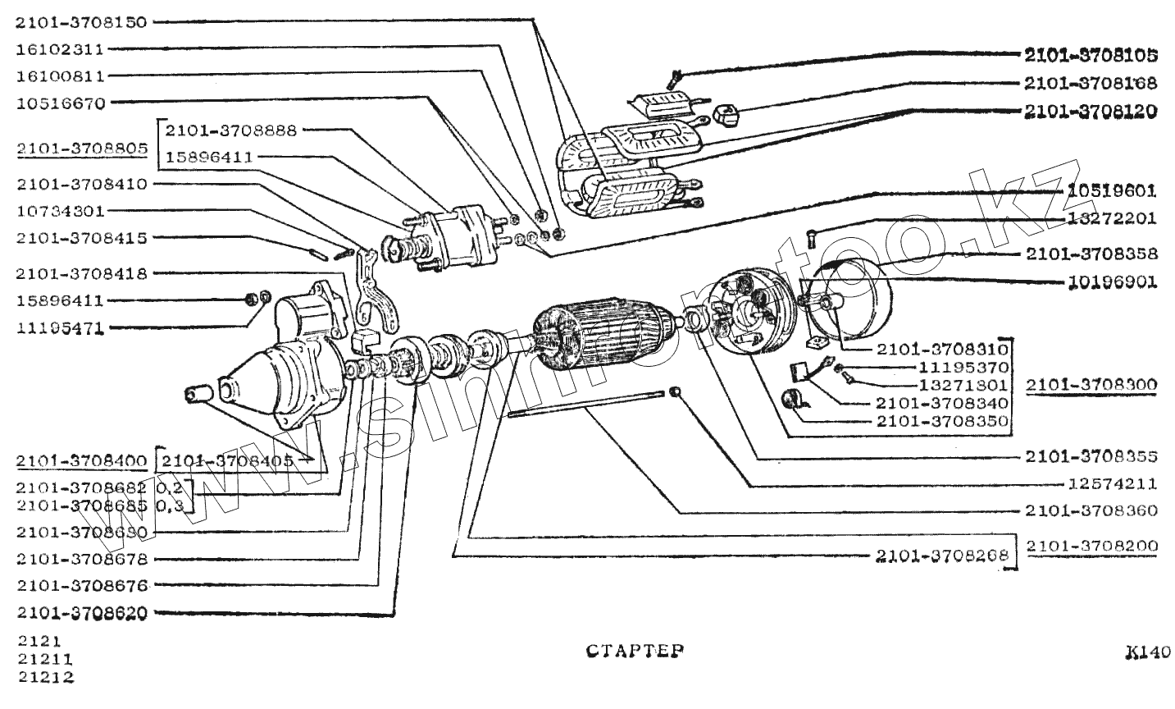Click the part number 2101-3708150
pos(81,22)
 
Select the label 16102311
pos(60,49)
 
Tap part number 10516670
pos(60,103)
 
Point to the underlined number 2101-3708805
pos(81,149)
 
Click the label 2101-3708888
pos(231,130)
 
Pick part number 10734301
pos(60,211)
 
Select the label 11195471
pos(60,328)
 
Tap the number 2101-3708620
pos(81,612)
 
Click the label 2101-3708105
pos(1091,56)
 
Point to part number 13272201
pos(1112,218)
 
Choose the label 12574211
pos(1112,483)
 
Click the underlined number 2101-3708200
pos(1091,546)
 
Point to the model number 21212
pos(44,678)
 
